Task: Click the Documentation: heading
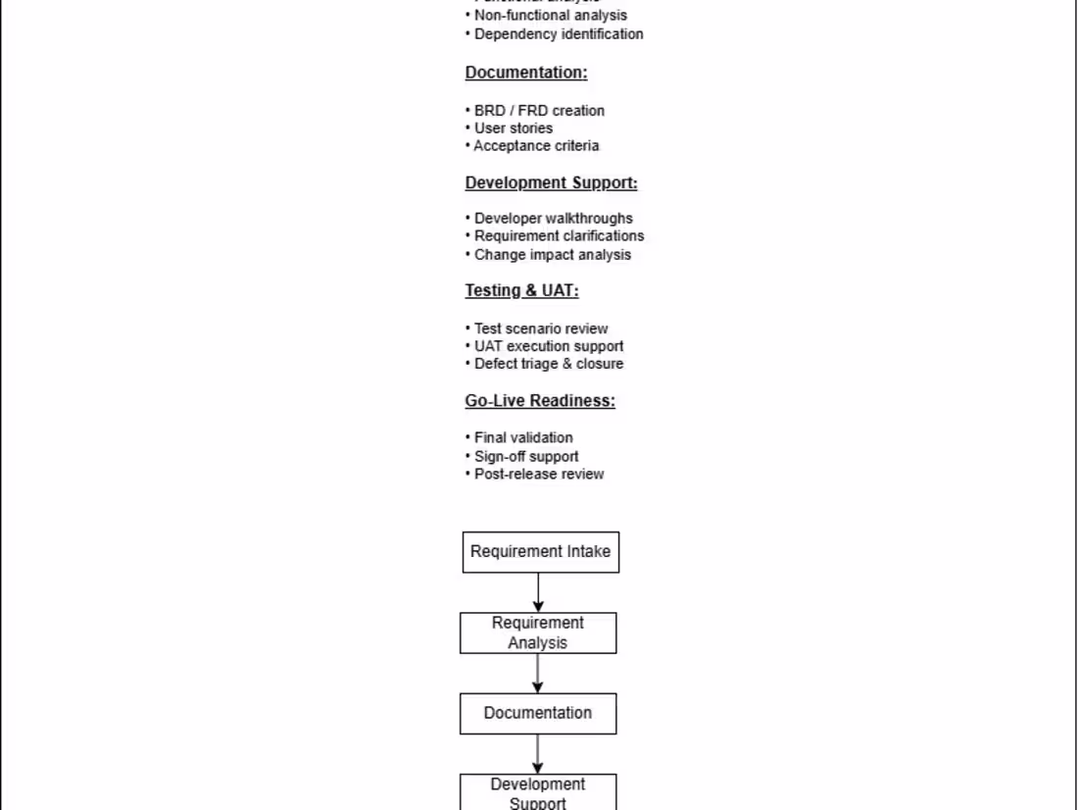click(526, 73)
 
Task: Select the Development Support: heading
click(551, 182)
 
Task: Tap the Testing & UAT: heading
click(521, 290)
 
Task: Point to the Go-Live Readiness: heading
click(540, 400)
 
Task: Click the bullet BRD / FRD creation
click(539, 111)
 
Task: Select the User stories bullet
click(514, 128)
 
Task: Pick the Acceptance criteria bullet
click(536, 146)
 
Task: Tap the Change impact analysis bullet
click(553, 255)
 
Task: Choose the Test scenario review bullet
click(541, 329)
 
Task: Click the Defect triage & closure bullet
click(549, 364)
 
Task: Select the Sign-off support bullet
click(526, 456)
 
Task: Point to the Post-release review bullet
click(539, 475)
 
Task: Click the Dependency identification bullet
click(559, 34)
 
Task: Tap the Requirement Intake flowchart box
click(540, 552)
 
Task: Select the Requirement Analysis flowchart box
click(538, 633)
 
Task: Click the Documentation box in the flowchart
click(538, 713)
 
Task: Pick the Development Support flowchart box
click(538, 792)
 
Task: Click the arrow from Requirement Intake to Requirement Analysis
click(538, 592)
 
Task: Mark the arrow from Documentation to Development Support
click(538, 753)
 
